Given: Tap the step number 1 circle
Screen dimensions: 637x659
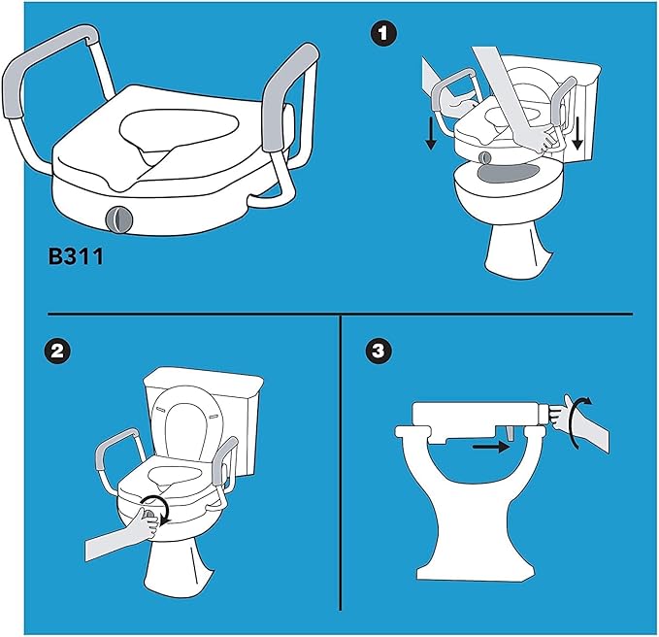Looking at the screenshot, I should point(386,34).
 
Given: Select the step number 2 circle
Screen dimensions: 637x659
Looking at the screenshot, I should point(60,352).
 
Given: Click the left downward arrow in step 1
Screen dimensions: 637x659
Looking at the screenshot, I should point(429,133).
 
